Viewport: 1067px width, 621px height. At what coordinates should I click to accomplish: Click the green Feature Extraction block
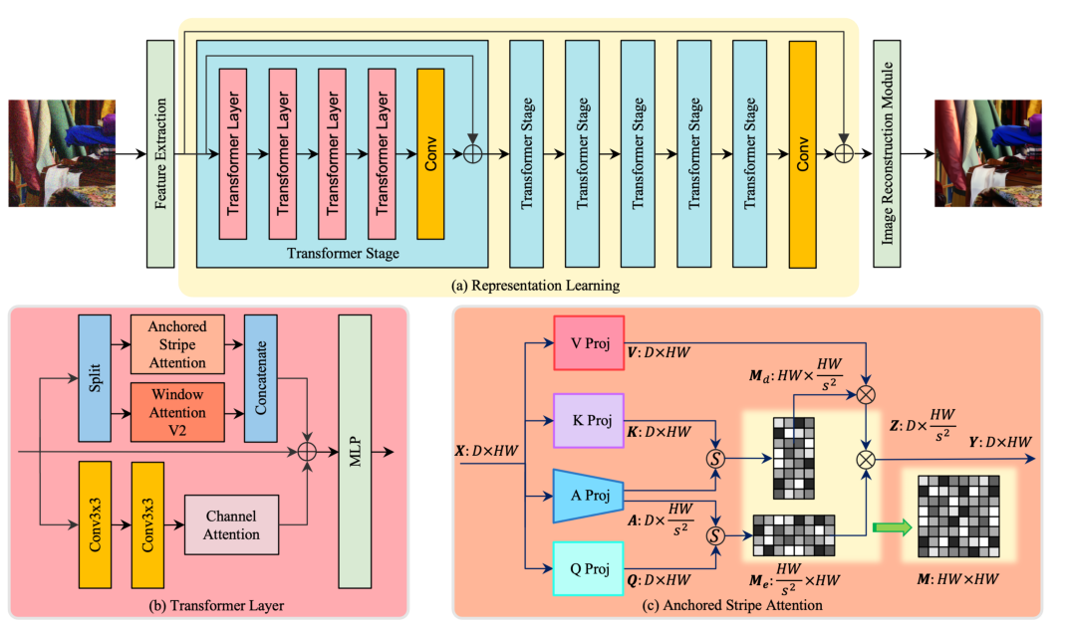159,153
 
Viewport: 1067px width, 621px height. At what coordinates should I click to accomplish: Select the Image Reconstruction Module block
888,153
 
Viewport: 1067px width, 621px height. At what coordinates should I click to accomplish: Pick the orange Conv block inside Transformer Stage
430,154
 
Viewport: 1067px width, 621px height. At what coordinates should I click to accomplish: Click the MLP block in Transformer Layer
353,452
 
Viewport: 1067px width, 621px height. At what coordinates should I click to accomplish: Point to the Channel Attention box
230,524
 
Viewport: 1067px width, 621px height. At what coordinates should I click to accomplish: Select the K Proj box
589,418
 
